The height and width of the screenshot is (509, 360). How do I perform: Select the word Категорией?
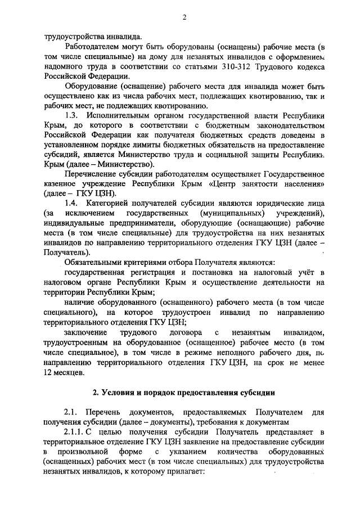tap(119, 202)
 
